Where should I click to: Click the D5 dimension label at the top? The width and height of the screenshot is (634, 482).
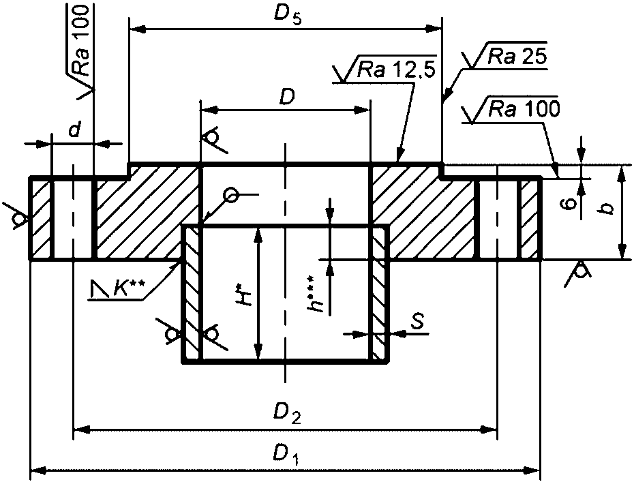coord(288,16)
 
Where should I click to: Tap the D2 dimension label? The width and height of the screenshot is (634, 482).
coord(287,413)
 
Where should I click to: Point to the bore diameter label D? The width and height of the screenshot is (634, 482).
coord(287,97)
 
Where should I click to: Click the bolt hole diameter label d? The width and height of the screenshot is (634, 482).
coord(74,130)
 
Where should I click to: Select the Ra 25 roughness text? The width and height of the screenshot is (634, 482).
coord(517,57)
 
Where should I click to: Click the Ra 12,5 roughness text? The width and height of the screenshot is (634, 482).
coord(396,70)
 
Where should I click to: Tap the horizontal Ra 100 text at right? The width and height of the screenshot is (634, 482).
coord(524,108)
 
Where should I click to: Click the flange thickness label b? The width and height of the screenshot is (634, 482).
coord(607,208)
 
